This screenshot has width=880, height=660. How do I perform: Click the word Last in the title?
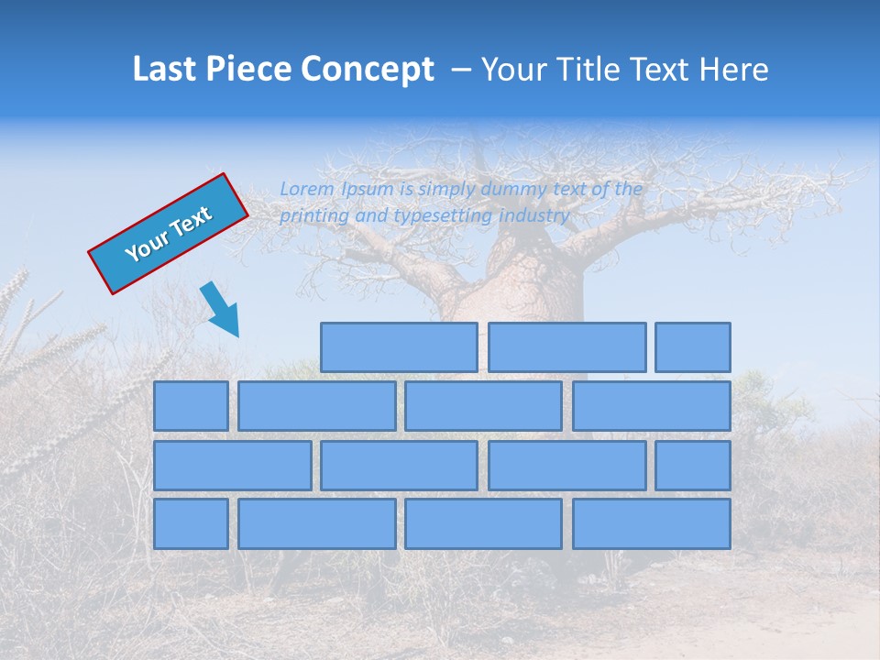tap(166, 70)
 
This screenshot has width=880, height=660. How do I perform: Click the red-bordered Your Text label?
tap(169, 234)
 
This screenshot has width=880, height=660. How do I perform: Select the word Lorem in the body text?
tap(307, 189)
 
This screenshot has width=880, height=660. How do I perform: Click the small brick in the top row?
tap(693, 347)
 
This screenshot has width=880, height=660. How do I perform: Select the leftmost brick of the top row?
tap(399, 347)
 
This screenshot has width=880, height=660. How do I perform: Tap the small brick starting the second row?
tap(191, 406)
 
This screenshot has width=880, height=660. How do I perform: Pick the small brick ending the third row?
tap(693, 465)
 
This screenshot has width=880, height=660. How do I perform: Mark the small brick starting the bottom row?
tap(191, 523)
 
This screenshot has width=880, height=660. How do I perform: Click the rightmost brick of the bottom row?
tap(652, 523)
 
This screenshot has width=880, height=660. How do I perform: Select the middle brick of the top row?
tap(566, 347)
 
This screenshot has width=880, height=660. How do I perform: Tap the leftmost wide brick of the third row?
tap(232, 465)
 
